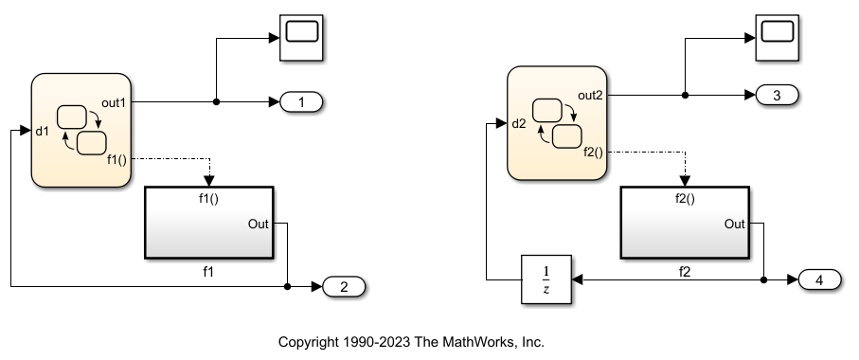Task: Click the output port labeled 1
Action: pos(299,102)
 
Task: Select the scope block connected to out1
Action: pos(301,35)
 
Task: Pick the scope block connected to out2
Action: pos(778,34)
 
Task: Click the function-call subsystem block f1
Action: pos(208,223)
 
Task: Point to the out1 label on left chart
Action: pos(115,101)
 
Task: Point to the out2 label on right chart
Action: pos(590,96)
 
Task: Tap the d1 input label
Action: pos(42,132)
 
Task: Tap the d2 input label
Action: pos(518,124)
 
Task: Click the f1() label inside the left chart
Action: pos(117,159)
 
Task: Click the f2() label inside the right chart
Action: pos(594,152)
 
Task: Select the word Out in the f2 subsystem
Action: pos(735,224)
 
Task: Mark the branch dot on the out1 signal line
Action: pos(217,101)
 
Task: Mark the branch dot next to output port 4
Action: pos(763,280)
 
